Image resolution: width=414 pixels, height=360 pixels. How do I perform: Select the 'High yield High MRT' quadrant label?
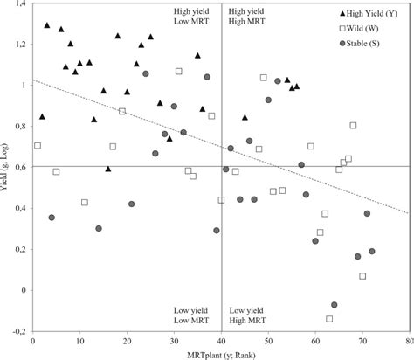248,18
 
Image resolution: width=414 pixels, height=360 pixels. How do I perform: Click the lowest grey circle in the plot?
335,304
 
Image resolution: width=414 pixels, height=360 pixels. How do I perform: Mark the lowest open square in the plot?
329,319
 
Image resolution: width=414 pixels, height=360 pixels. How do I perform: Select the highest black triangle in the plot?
47,25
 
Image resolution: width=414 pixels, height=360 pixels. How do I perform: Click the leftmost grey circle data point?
52,217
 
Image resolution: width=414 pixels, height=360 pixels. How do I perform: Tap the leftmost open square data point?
37,145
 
